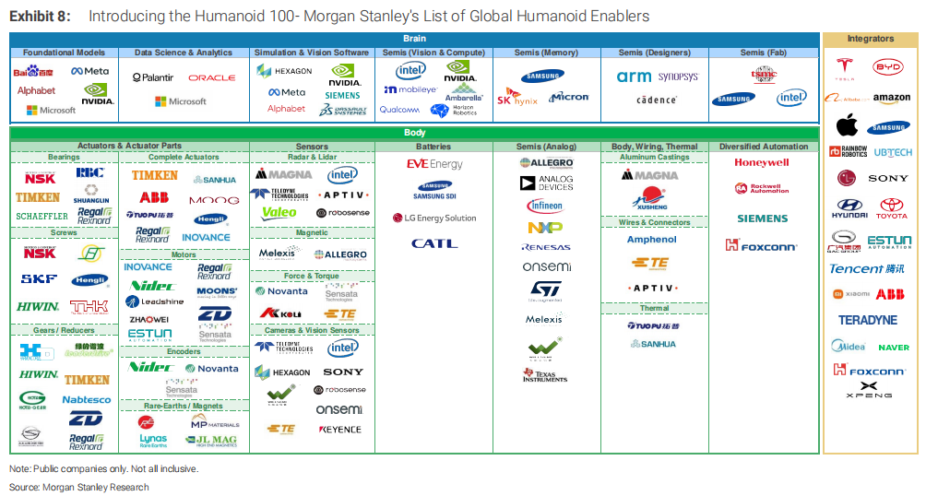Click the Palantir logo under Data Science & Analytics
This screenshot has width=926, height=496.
(152, 77)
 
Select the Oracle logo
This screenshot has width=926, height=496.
(212, 77)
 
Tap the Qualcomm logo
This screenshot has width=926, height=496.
(398, 110)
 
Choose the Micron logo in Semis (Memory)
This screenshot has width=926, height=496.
(569, 97)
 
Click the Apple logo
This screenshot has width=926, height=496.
(847, 125)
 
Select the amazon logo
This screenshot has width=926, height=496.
(892, 98)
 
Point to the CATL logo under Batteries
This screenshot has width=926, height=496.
(433, 243)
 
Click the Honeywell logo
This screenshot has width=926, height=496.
(762, 162)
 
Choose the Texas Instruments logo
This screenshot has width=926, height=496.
(544, 375)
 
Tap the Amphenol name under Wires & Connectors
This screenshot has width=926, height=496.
(652, 240)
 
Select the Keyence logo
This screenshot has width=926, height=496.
(339, 430)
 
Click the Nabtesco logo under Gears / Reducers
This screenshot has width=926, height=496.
(87, 400)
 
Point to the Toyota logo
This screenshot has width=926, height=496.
(893, 208)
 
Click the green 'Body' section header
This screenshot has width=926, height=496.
(415, 133)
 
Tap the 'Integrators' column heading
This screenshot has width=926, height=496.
(871, 39)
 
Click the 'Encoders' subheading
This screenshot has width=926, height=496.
(184, 351)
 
